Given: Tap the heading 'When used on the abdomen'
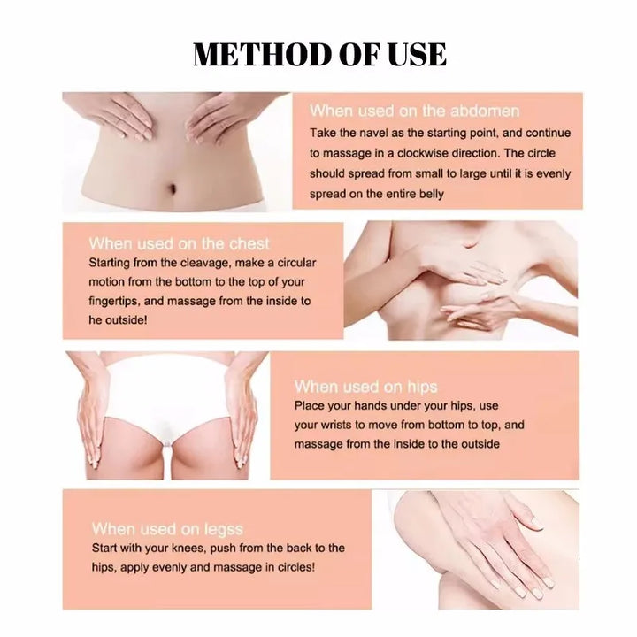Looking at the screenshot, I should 414,111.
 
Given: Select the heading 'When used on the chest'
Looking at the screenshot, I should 180,243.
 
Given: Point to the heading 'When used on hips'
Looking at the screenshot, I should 365,387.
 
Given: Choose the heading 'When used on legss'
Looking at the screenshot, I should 167,529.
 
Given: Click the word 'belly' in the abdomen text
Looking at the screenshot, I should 426,194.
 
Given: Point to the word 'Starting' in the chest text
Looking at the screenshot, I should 112,263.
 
